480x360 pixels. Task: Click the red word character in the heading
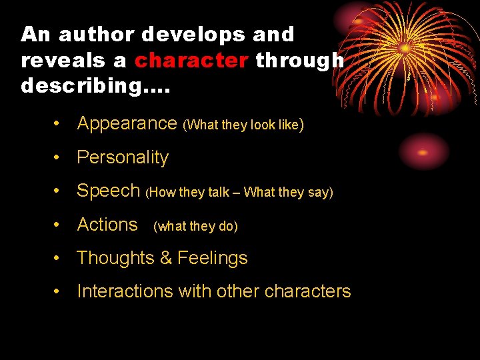191,61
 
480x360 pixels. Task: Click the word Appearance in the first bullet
127,123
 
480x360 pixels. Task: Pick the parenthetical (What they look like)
244,125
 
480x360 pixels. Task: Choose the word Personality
123,157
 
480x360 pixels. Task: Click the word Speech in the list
109,191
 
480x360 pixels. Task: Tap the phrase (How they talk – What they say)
239,193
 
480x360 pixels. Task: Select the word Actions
107,225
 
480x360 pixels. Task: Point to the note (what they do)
195,226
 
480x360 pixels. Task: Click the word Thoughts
115,258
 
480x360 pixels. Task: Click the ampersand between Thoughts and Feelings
165,258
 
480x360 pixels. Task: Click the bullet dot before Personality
59,157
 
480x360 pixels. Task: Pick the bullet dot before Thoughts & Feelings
59,258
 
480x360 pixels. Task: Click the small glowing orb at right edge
423,151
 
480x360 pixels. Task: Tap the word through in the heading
300,61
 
